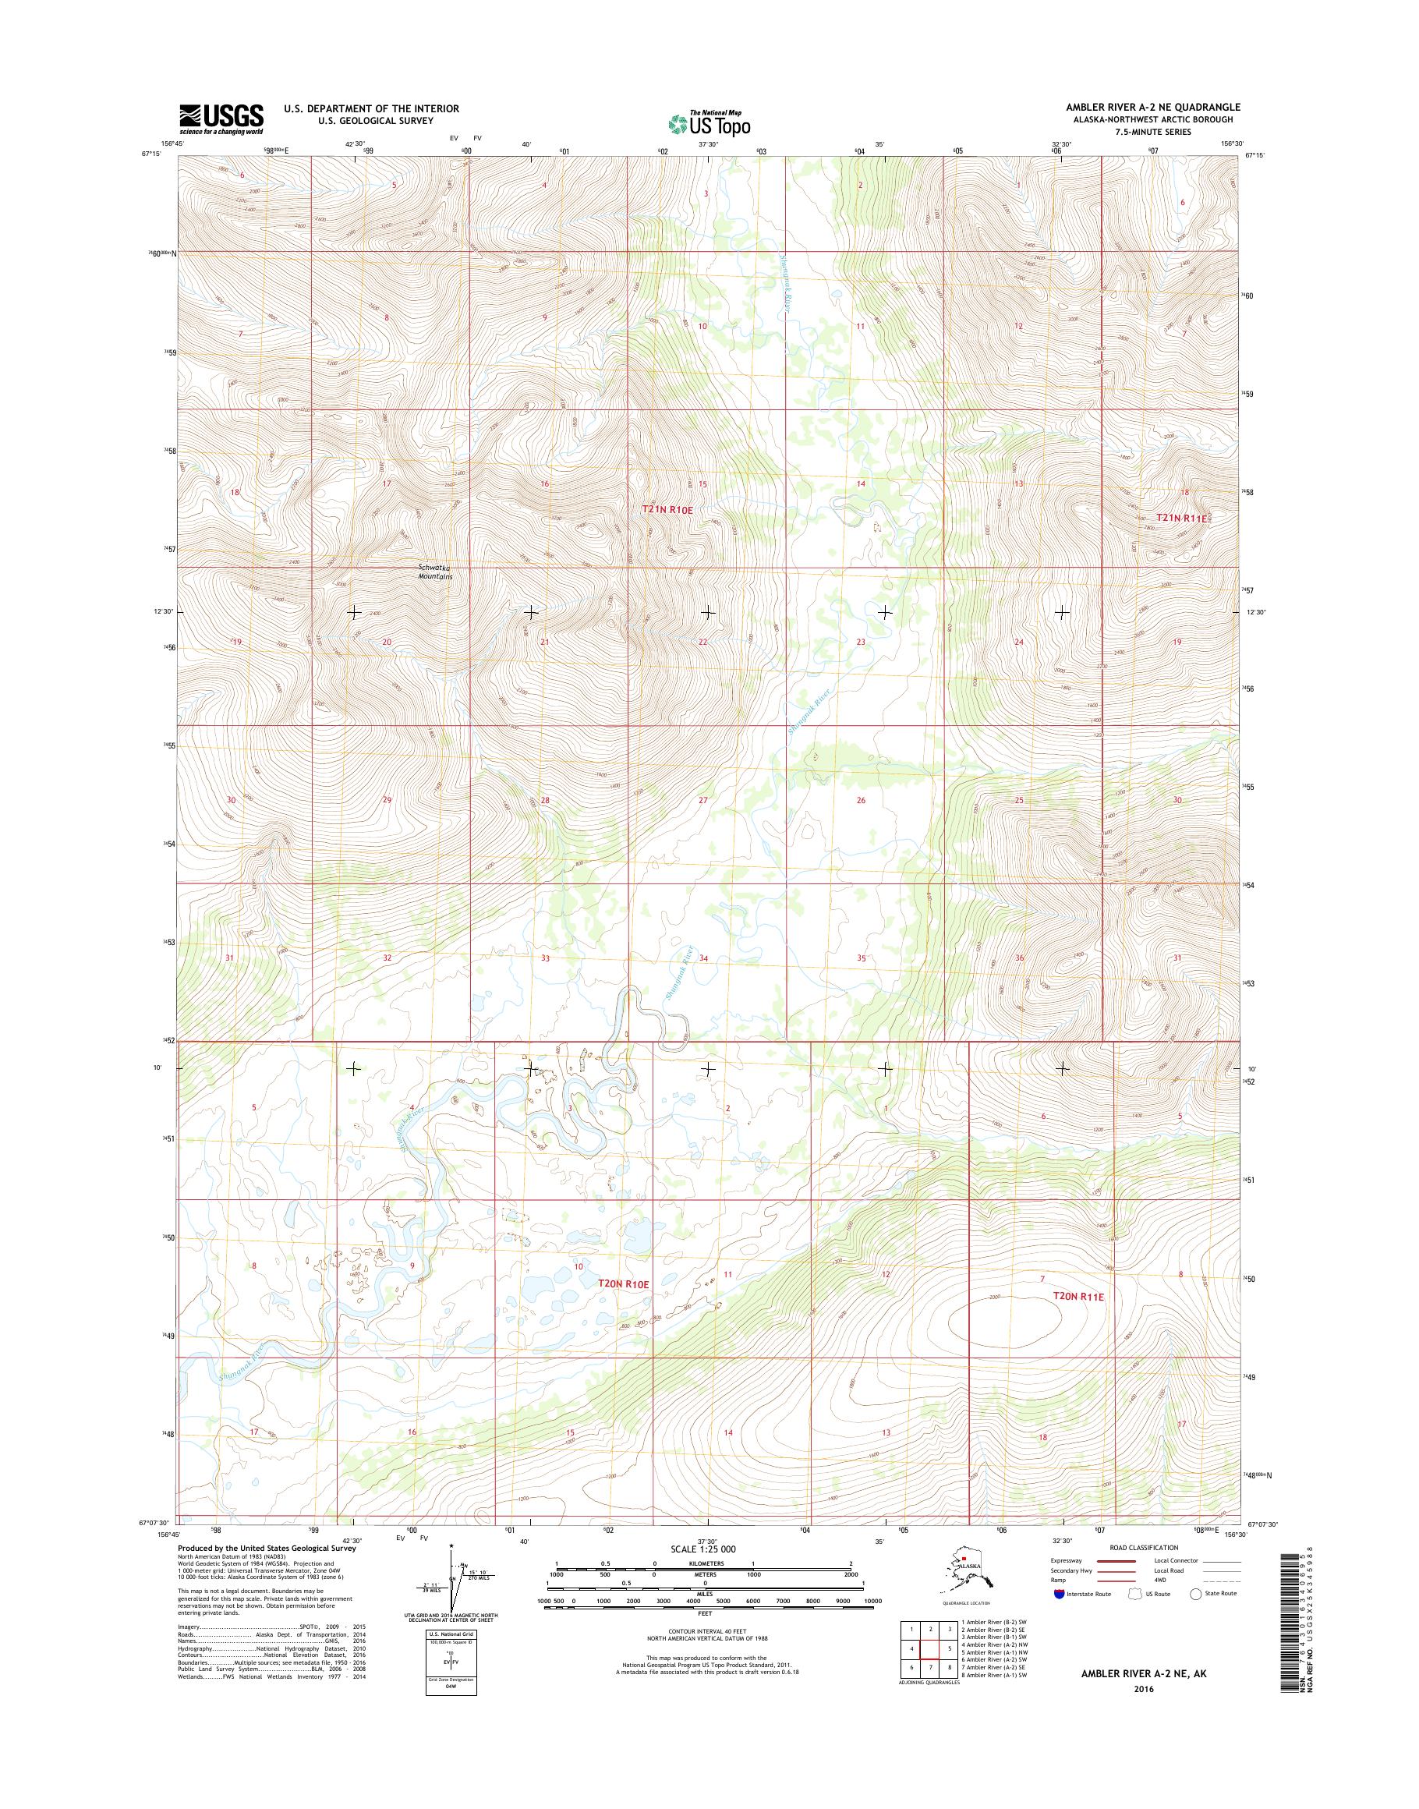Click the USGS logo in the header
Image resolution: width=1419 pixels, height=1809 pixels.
click(221, 119)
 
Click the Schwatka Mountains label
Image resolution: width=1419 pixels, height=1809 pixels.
click(434, 572)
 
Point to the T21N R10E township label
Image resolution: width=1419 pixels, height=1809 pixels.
click(667, 509)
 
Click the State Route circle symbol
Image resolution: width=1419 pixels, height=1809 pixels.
click(1195, 1594)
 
